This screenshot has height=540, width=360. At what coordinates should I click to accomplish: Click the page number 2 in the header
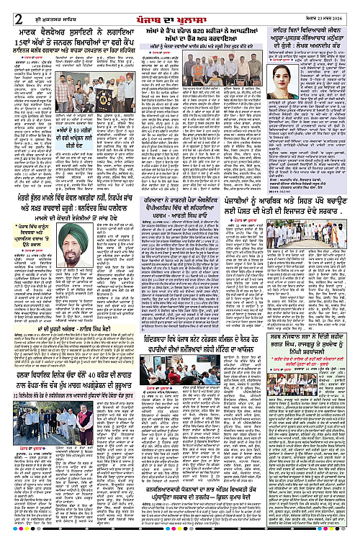click(x=17, y=8)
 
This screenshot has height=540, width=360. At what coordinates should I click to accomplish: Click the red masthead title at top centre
click(x=179, y=8)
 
